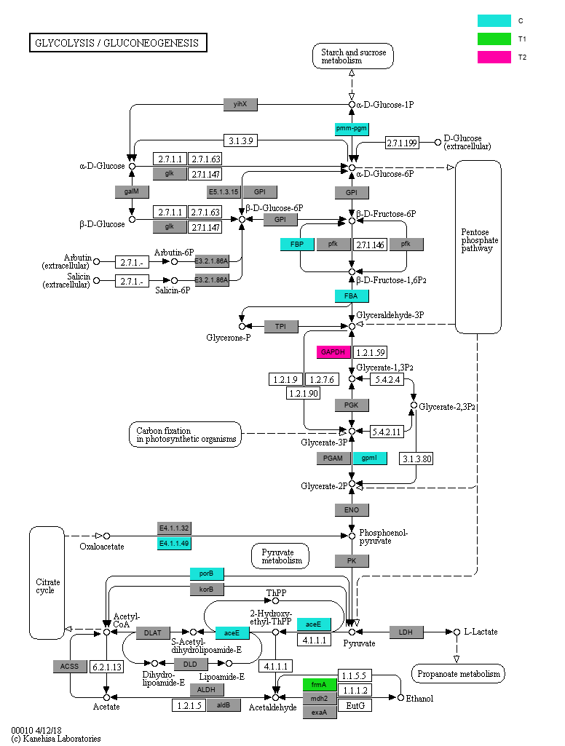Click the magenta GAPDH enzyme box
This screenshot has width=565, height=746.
point(333,352)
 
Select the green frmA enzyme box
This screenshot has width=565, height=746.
point(320,685)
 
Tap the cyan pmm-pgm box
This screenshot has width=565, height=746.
point(352,128)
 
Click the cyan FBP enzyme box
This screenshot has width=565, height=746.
point(297,244)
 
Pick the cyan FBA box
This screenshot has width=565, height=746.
point(352,296)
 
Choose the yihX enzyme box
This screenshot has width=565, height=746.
point(240,104)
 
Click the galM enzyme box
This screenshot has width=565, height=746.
point(132,191)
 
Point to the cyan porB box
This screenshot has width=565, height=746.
point(207,574)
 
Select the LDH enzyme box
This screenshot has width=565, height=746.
point(406,632)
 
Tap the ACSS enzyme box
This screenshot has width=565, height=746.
point(70,667)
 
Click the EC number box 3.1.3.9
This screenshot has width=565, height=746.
point(240,140)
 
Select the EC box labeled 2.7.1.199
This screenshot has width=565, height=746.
point(402,143)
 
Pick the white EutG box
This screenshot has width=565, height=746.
point(355,705)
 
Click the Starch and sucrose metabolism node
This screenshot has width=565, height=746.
point(353,56)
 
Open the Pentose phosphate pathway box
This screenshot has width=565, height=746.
point(478,247)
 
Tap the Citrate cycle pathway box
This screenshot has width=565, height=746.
point(47,583)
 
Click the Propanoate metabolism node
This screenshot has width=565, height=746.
point(458,674)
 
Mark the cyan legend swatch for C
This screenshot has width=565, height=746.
point(494,20)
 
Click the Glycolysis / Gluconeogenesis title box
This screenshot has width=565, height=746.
point(118,43)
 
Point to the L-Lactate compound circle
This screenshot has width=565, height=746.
point(457,632)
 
